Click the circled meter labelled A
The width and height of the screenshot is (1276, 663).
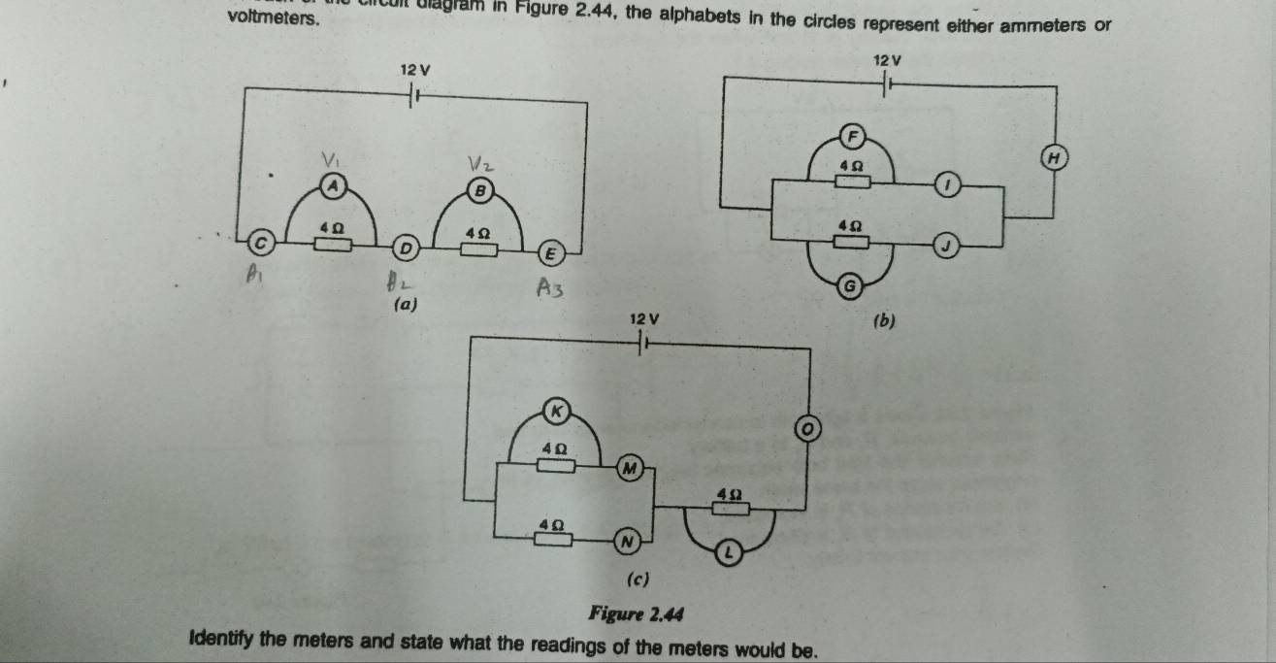click(x=334, y=183)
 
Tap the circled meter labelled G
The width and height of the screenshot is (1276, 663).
click(x=851, y=285)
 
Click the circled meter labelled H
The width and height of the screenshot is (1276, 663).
click(x=1051, y=156)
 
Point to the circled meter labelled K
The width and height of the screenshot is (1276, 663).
click(x=556, y=410)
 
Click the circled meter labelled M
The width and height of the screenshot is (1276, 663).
click(x=629, y=469)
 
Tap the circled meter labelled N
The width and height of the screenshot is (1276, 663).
click(x=628, y=539)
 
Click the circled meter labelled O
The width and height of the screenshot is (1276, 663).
click(x=804, y=428)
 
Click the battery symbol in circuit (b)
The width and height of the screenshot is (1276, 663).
click(x=886, y=86)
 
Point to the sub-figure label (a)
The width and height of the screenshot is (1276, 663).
click(x=405, y=304)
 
